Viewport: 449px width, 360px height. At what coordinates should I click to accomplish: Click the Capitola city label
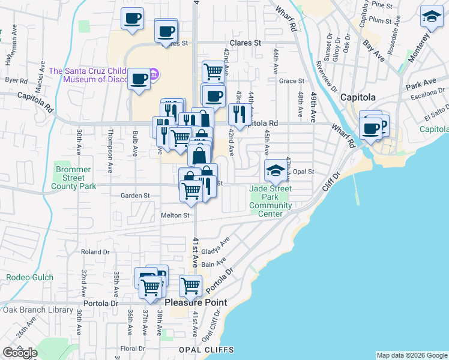(x=358, y=97)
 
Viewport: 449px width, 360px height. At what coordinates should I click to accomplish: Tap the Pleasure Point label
(x=196, y=302)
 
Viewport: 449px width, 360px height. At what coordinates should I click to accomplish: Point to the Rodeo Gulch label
(x=30, y=277)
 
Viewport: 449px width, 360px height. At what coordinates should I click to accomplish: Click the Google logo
(x=20, y=353)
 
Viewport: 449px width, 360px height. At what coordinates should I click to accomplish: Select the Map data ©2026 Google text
(x=412, y=355)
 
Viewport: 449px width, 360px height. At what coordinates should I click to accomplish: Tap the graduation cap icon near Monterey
(x=431, y=17)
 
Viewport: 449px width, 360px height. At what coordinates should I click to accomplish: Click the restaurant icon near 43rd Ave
(x=239, y=113)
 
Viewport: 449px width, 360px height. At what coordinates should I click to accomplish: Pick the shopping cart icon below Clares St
(x=213, y=71)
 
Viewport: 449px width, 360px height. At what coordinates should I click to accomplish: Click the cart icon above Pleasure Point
(x=190, y=285)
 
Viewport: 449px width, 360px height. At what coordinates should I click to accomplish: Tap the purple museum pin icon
(x=154, y=74)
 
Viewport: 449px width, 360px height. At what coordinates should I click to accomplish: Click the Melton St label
(x=175, y=215)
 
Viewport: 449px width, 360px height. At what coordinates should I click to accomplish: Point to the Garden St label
(x=134, y=195)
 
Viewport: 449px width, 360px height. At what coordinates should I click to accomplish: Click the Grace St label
(x=292, y=80)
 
